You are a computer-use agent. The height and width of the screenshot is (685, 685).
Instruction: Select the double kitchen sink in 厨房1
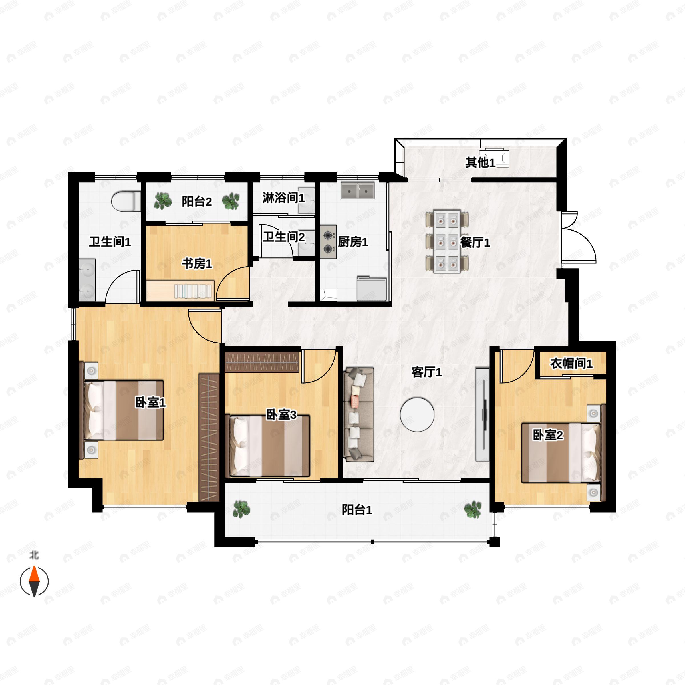click(x=358, y=191)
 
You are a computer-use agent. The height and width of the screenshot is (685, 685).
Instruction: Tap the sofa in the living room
click(x=359, y=414)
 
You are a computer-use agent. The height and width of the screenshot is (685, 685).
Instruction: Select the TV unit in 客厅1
click(x=482, y=414)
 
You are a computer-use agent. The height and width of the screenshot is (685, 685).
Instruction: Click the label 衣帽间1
click(x=571, y=364)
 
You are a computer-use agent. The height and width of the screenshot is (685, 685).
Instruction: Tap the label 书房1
click(x=197, y=264)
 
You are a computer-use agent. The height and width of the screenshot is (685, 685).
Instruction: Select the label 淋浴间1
click(x=284, y=198)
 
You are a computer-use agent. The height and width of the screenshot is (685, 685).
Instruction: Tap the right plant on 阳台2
click(x=231, y=201)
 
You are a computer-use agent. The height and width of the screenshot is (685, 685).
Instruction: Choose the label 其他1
click(x=480, y=163)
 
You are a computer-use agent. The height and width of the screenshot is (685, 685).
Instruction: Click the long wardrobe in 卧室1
click(x=209, y=437)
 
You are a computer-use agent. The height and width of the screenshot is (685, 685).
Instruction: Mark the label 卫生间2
click(x=284, y=237)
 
